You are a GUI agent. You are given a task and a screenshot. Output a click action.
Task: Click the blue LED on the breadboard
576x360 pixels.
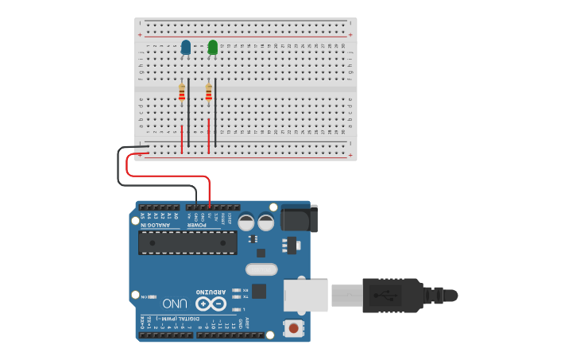(x=186, y=48)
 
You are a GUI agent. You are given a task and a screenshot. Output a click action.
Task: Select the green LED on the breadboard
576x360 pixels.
(x=212, y=48)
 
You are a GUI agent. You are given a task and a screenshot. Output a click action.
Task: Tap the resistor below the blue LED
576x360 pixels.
(x=182, y=94)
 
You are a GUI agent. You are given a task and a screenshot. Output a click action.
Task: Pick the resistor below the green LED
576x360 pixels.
(x=209, y=94)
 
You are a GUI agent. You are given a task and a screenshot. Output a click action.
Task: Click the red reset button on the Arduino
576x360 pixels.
(x=295, y=327)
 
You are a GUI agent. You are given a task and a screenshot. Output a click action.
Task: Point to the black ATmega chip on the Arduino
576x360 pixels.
(x=187, y=242)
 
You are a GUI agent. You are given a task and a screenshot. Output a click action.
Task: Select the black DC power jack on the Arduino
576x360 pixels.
(x=299, y=218)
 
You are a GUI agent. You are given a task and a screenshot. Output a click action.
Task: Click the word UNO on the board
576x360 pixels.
(x=176, y=303)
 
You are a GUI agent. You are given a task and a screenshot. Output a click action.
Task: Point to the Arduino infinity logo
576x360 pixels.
(x=211, y=304)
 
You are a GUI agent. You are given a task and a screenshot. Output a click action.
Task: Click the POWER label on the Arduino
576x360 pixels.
(x=197, y=225)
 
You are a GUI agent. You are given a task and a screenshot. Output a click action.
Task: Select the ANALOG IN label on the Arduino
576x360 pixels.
(x=155, y=225)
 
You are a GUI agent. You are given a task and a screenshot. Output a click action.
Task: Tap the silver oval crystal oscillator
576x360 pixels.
(x=261, y=269)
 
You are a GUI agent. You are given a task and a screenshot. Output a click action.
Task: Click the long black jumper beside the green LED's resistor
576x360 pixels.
(x=215, y=111)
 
